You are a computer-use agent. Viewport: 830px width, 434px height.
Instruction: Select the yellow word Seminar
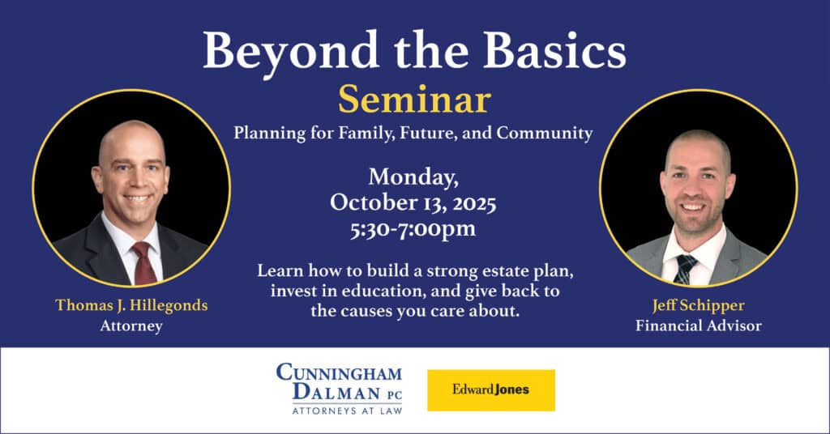(414, 100)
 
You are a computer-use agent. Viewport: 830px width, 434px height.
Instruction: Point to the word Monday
(413, 177)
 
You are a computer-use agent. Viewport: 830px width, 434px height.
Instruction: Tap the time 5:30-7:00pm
(414, 229)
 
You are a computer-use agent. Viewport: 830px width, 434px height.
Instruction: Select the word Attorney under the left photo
(130, 326)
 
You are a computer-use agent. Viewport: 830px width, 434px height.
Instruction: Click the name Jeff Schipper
(698, 305)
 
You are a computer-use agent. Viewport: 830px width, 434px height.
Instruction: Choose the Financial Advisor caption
(698, 326)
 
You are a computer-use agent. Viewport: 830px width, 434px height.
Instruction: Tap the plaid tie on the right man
(686, 267)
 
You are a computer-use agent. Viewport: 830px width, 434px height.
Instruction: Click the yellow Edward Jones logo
(491, 390)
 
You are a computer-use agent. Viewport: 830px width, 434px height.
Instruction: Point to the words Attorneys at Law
(339, 410)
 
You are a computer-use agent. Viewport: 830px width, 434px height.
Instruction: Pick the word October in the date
(371, 202)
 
